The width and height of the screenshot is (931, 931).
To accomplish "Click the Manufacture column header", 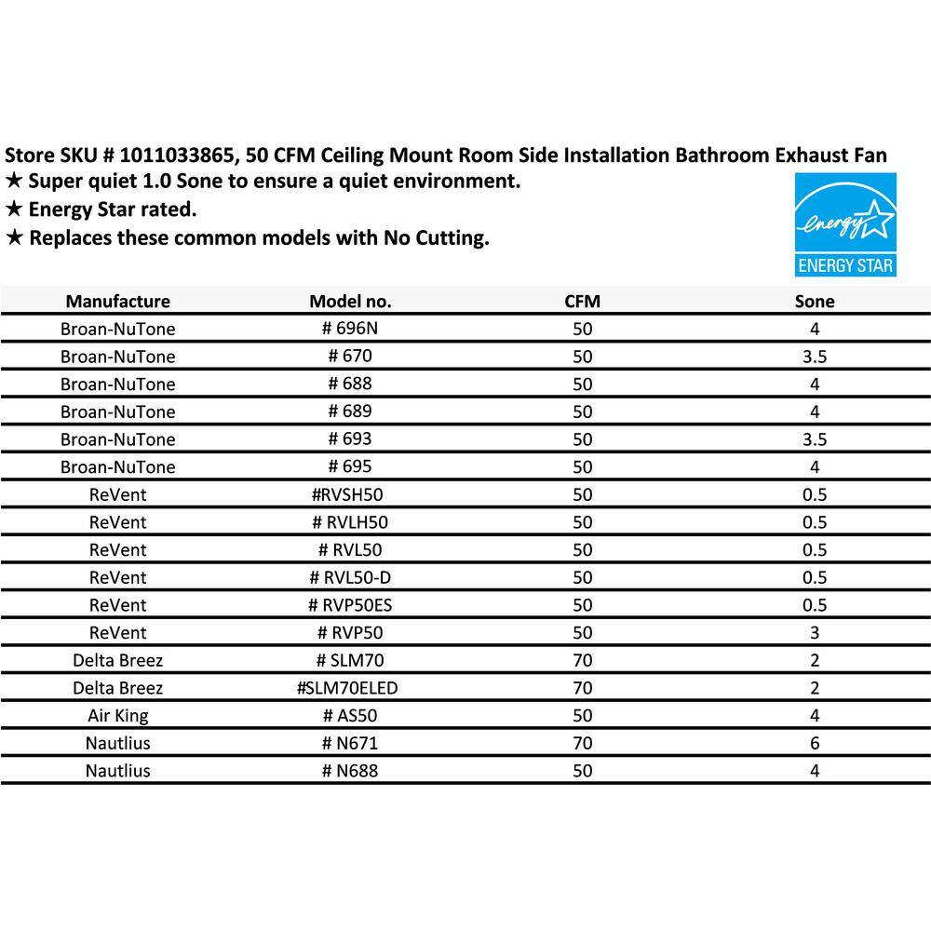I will (117, 302).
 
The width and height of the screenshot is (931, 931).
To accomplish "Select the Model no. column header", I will (350, 302).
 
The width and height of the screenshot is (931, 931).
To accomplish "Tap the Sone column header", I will (815, 302).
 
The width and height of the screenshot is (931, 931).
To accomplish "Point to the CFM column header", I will (583, 302).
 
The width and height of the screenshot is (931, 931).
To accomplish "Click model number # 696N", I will (350, 329).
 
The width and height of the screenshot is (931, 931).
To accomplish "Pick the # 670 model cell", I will (350, 357).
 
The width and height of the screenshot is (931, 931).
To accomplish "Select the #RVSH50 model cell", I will (350, 494).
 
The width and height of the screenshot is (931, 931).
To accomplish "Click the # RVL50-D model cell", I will (350, 577).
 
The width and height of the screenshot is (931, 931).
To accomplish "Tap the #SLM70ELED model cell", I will (350, 688).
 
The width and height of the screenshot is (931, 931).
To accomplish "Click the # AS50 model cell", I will (350, 716).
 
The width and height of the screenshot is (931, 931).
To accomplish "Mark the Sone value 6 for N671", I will (815, 743).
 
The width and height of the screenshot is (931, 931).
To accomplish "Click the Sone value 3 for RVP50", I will (815, 633).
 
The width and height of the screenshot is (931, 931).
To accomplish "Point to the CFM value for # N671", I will (583, 743).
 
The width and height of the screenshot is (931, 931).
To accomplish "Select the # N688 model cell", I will (350, 771).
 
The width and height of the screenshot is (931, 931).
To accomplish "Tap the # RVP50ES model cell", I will (350, 605).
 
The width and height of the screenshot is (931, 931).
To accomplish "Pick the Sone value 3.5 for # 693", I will (815, 439).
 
